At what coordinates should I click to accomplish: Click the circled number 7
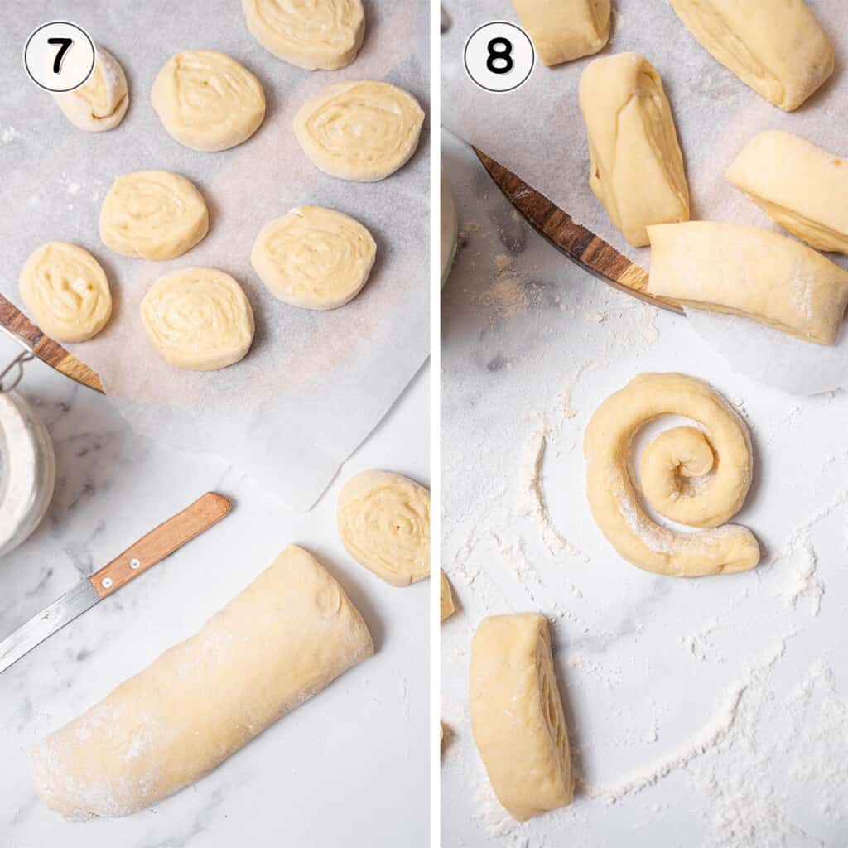[x=60, y=56]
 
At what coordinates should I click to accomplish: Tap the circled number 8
[x=499, y=56]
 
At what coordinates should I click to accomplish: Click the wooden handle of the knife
[x=159, y=543]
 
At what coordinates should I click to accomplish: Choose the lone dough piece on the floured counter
[x=519, y=714]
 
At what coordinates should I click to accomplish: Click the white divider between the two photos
[x=435, y=424]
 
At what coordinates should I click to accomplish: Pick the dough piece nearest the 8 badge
[x=563, y=29]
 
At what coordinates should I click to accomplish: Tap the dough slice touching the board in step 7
[x=65, y=291]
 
